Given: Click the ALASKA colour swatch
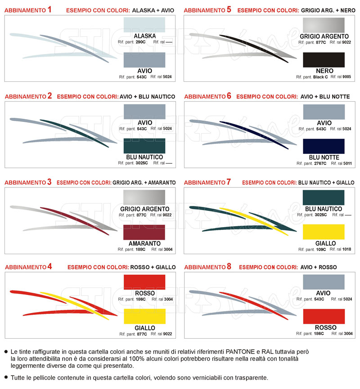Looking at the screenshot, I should pos(144,24).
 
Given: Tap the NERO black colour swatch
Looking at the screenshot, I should pos(324,60).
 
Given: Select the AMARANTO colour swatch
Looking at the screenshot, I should pos(144,233).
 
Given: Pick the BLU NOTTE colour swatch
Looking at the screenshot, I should pos(324,146).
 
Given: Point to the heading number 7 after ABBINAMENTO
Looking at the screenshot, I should pos(229,182).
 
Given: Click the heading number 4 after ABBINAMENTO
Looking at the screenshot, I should pos(49,266).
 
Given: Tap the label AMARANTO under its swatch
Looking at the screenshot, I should pos(144,243).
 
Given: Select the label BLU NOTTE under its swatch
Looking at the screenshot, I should pos(324,157).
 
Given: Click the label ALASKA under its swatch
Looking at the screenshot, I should pos(144,36).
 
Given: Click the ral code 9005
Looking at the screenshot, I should pos(346,77).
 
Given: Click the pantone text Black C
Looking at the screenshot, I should pos(321,77).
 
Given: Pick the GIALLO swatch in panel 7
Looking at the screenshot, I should pos(324,232).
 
